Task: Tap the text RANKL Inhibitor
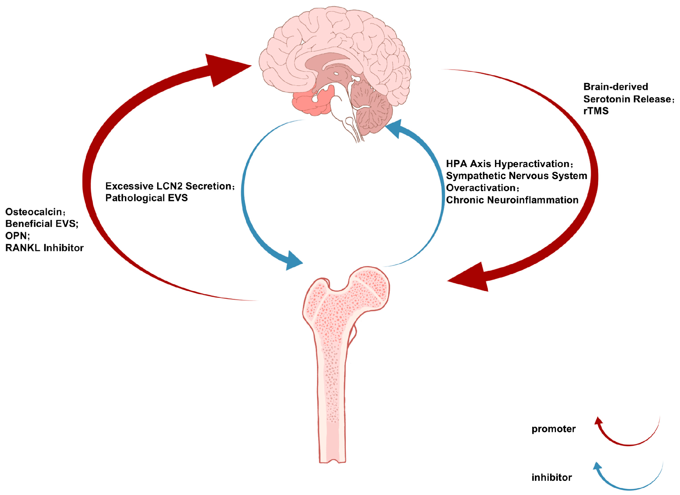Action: pos(44,248)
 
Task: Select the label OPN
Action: pos(17,236)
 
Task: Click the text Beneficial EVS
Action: pos(41,224)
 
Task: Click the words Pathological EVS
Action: pos(146,198)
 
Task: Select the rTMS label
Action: pos(596,111)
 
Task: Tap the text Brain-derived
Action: pos(615,87)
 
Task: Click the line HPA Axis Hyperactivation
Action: pos(508,164)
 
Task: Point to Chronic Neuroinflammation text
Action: pos(512,200)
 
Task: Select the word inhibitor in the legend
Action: pos(552,477)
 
